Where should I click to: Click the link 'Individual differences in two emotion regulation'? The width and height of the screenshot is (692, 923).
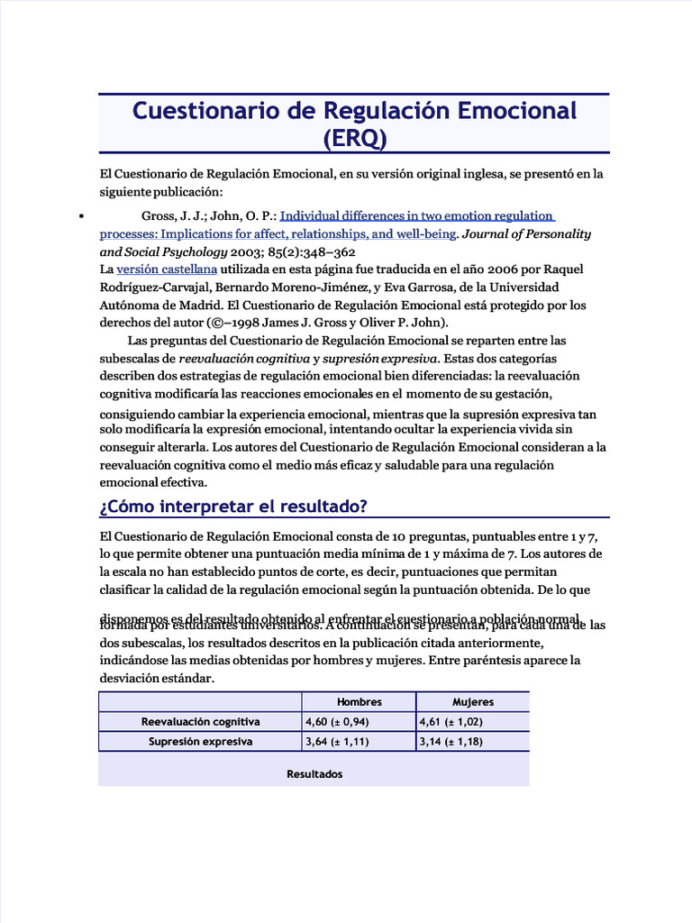point(417,215)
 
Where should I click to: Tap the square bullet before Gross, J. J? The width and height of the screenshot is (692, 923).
point(82,216)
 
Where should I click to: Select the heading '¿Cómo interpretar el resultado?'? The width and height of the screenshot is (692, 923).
point(232,505)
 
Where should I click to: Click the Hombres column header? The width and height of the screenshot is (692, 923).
point(359,701)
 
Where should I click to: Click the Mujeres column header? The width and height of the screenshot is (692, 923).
point(472,701)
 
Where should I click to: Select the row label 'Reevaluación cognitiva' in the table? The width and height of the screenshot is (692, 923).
point(200,722)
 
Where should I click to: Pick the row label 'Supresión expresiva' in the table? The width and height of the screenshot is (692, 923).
point(200,742)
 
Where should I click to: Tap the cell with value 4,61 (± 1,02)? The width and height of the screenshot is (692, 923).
point(451,722)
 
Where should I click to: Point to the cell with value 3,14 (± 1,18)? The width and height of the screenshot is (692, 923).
point(451,742)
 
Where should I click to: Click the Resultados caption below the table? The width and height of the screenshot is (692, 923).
point(314,774)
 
